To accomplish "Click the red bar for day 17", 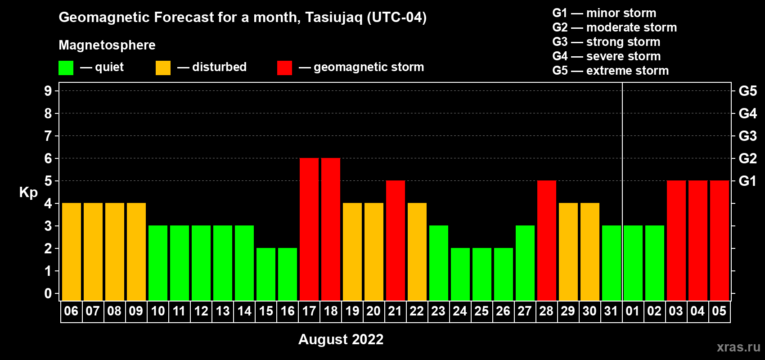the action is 309,229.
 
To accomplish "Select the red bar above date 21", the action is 396,240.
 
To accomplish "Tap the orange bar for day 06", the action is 72,252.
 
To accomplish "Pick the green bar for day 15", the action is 265,274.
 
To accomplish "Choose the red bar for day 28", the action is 547,240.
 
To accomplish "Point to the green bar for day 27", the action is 525,263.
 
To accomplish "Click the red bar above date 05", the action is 720,240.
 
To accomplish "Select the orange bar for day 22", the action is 417,252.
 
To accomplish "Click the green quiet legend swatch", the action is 66,67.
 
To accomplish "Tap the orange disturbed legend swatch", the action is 163,67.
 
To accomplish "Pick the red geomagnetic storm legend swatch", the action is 284,67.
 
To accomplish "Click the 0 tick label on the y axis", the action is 48,293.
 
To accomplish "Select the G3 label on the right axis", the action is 747,136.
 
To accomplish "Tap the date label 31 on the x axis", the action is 611,311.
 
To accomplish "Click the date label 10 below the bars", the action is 158,311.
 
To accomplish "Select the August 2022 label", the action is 341,339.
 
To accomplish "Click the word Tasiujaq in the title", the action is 334,18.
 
